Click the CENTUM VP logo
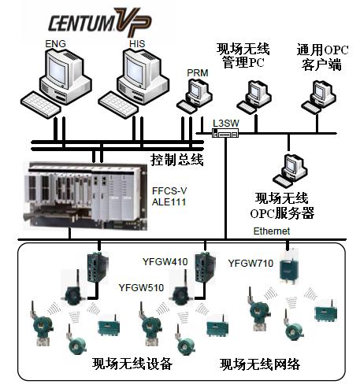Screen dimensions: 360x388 [x=100, y=21]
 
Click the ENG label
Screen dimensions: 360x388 [x=55, y=44]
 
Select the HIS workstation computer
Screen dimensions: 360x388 [x=134, y=83]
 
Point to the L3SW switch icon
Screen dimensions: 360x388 [x=225, y=133]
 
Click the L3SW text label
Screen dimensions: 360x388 [x=226, y=123]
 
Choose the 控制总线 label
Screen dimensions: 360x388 [x=177, y=159]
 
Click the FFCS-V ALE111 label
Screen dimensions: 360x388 [x=169, y=196]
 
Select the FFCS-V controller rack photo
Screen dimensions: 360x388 [x=85, y=195]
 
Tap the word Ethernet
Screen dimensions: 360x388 [x=272, y=231]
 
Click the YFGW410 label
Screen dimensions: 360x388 [x=165, y=261]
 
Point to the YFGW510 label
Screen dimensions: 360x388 [x=141, y=287]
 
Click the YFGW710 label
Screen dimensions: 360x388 [x=251, y=263]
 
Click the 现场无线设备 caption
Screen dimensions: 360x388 [x=132, y=364]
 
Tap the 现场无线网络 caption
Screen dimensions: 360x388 [x=260, y=364]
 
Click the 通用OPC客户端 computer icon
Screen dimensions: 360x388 [x=318, y=97]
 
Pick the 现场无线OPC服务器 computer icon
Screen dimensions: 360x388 [x=290, y=171]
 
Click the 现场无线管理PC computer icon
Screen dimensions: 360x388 [x=254, y=97]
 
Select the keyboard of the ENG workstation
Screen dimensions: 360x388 [x=41, y=104]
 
